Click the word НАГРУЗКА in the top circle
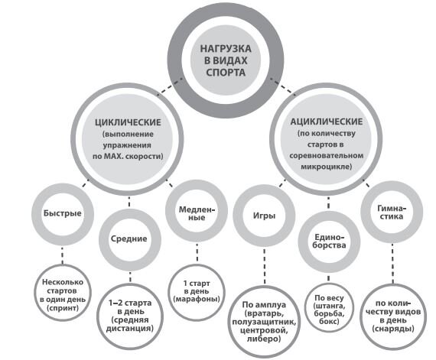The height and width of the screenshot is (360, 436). tap(226, 49)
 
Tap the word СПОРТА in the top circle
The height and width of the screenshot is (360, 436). tap(226, 73)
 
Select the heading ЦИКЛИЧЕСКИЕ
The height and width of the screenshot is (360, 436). tap(128, 122)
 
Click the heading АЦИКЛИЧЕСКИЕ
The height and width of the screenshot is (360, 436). tap(327, 122)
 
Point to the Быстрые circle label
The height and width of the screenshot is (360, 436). tap(63, 213)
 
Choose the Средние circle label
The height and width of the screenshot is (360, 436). tap(129, 238)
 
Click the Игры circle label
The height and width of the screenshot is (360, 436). tap(264, 216)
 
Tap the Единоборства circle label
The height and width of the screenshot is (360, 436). tap(329, 241)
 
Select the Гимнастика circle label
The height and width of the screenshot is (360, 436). tap(392, 212)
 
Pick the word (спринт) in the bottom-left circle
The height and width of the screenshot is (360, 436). tap(63, 308)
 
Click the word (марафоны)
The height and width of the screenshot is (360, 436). tap(197, 299)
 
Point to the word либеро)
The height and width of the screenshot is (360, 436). tap(264, 339)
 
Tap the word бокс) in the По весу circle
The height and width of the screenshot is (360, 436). tap(329, 321)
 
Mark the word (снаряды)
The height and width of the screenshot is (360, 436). tap(393, 329)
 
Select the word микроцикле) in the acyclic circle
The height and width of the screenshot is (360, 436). tap(327, 167)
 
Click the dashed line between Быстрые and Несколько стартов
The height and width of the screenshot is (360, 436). tap(62, 255)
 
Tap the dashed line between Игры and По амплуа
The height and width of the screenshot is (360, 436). tap(264, 266)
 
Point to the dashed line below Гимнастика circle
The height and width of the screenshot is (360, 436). tap(392, 264)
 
